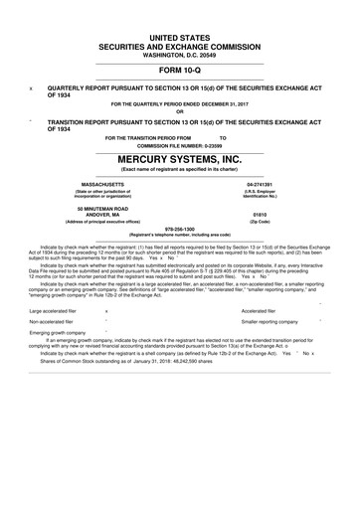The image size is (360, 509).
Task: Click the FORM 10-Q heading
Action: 179,72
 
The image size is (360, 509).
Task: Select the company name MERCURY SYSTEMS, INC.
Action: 179,158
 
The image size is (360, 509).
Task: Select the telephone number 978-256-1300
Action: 179,225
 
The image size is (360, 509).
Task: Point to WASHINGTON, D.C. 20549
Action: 179,56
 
